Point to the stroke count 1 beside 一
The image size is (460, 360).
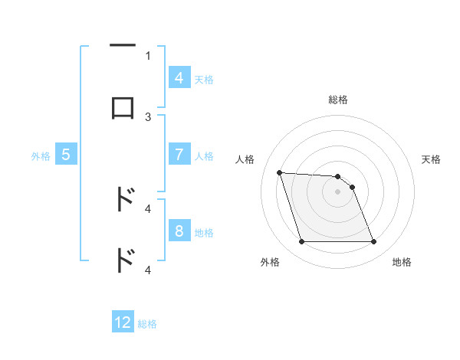[x=148, y=55]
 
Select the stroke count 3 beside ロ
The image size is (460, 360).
[x=148, y=116]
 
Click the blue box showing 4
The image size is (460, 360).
[x=179, y=78]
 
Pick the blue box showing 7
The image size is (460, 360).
[x=179, y=155]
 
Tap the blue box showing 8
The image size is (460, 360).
[x=179, y=231]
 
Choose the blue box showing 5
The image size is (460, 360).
[x=66, y=155]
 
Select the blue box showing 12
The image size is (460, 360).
[x=123, y=323]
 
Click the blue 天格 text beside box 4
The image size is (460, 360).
[x=204, y=79]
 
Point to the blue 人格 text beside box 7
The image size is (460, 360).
[x=204, y=155]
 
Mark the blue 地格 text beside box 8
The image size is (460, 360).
[x=204, y=232]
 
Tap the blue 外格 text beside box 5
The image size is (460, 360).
[x=41, y=155]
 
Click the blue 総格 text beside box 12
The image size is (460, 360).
[x=147, y=324]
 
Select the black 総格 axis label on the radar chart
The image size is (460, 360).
[x=338, y=100]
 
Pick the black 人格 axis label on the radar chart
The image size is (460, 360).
[x=245, y=159]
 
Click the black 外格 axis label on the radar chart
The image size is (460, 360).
[x=270, y=262]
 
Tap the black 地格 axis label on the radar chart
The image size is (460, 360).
[x=402, y=262]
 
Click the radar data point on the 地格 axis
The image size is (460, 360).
[x=373, y=242]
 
